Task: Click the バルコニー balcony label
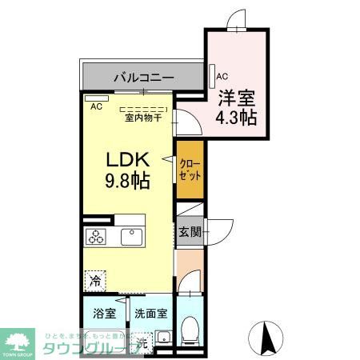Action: [x=142, y=78]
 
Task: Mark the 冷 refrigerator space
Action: [x=95, y=281]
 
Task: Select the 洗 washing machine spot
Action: [x=141, y=342]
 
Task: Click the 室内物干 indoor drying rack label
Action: [x=143, y=118]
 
